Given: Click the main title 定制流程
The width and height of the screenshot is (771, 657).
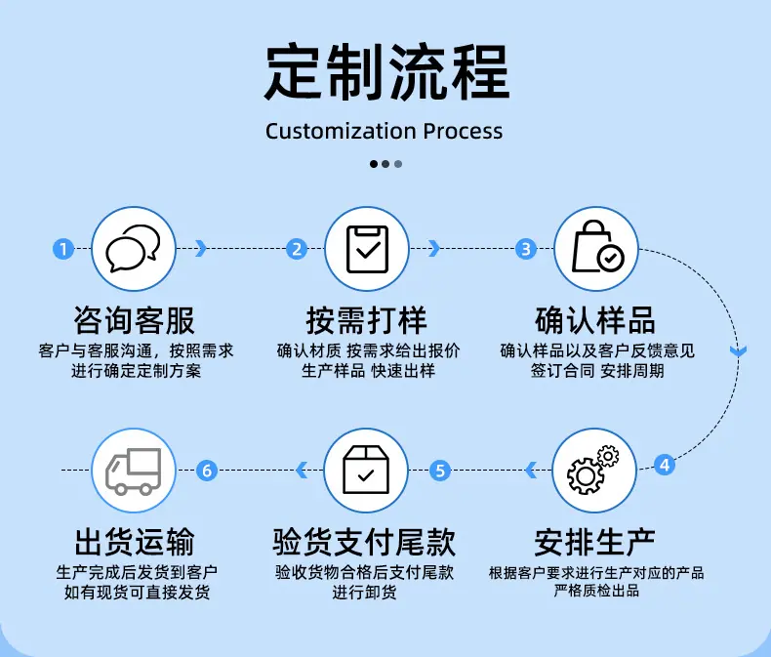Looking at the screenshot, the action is click(x=387, y=72).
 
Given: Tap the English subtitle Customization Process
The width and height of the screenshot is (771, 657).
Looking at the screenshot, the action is click(x=384, y=131).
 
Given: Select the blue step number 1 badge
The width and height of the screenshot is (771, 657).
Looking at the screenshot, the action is click(x=62, y=249).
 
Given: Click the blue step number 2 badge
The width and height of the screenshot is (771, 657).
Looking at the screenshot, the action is click(x=297, y=249).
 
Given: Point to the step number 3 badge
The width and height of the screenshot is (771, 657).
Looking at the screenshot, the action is click(x=526, y=249).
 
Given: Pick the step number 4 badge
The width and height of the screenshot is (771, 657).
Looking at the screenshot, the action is click(x=665, y=465).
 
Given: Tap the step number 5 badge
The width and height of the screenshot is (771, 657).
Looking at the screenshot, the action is click(x=440, y=471).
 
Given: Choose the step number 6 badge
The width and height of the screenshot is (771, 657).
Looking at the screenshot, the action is click(x=207, y=471).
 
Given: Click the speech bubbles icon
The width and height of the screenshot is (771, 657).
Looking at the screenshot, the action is click(x=134, y=248).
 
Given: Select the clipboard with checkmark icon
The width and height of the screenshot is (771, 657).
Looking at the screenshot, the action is click(x=367, y=249).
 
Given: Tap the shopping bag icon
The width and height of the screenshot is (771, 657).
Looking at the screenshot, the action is click(x=597, y=246).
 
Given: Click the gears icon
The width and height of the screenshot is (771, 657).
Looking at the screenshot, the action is click(x=593, y=470).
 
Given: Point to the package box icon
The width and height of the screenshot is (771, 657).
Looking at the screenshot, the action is click(x=366, y=470).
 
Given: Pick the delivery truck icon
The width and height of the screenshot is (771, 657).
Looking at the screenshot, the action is click(x=134, y=472).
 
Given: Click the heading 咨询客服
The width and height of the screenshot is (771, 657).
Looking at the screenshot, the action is click(x=134, y=320).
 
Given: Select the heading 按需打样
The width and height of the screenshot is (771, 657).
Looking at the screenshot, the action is click(x=366, y=320).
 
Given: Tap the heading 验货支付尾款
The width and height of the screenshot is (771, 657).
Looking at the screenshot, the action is click(x=364, y=542).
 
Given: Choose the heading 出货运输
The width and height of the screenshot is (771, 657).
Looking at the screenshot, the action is click(x=135, y=542).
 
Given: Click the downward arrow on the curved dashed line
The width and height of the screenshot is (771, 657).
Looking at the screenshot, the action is click(x=738, y=351).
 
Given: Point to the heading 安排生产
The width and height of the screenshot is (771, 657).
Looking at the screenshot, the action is click(x=594, y=542).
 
